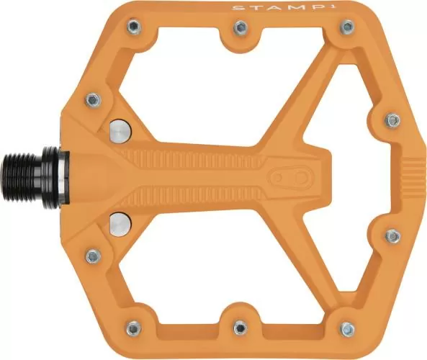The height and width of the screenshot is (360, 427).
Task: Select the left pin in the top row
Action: click(135, 27)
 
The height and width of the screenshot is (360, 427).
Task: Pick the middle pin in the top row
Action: click(241, 28)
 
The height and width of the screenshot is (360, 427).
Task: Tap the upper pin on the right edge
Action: click(392, 117)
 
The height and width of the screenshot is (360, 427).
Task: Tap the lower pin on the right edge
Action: click(392, 235)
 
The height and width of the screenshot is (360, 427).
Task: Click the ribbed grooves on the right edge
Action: click(411, 176)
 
